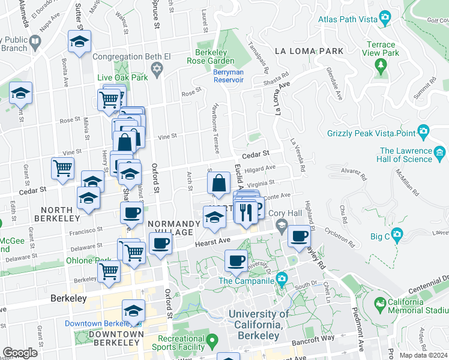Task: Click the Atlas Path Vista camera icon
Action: pyautogui.click(x=383, y=19)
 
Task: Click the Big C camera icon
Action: pyautogui.click(x=396, y=235)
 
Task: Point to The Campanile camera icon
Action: pyautogui.click(x=282, y=279)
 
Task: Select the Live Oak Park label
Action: pyautogui.click(x=122, y=78)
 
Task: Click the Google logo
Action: pyautogui.click(x=20, y=353)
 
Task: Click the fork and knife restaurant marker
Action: pyautogui.click(x=246, y=211)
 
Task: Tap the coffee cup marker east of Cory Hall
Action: pyautogui.click(x=299, y=236)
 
